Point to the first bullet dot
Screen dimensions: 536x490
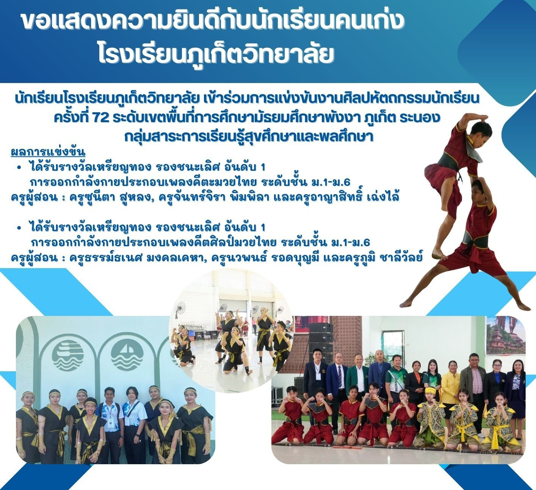19,167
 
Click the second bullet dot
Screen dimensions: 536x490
19,228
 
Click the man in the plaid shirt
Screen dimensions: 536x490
475,380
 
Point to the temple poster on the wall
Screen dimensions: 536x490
505,336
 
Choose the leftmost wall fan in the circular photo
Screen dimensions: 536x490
181,309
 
